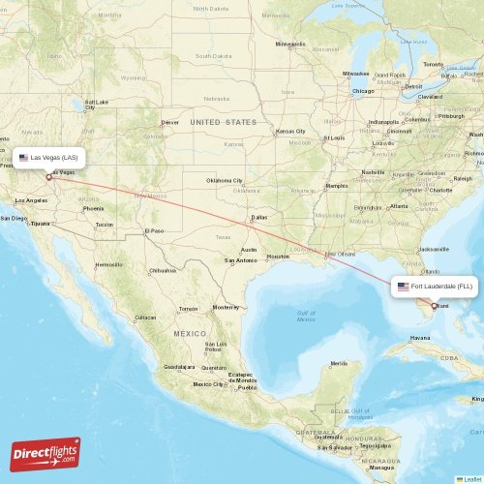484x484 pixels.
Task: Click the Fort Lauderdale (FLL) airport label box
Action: pyautogui.click(x=435, y=287)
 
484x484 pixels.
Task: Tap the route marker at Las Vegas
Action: pyautogui.click(x=48, y=177)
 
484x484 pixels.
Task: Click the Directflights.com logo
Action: pyautogui.click(x=45, y=453)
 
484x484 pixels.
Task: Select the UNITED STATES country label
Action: pyautogui.click(x=224, y=122)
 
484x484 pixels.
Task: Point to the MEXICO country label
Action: pyautogui.click(x=190, y=332)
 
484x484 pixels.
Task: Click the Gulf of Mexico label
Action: pyautogui.click(x=307, y=316)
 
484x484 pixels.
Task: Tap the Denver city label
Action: pyautogui.click(x=170, y=123)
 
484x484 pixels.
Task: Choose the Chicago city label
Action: pyautogui.click(x=363, y=91)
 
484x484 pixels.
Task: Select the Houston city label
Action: pyautogui.click(x=279, y=257)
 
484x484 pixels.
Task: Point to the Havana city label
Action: pyautogui.click(x=419, y=338)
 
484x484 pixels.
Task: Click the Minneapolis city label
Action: pyautogui.click(x=289, y=44)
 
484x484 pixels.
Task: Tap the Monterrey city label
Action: pyautogui.click(x=226, y=307)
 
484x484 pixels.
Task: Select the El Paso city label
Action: pyautogui.click(x=154, y=230)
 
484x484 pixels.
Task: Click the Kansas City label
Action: pyautogui.click(x=290, y=131)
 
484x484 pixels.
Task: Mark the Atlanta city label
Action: pyautogui.click(x=398, y=205)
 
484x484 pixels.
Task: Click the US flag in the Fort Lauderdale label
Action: pyautogui.click(x=404, y=287)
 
